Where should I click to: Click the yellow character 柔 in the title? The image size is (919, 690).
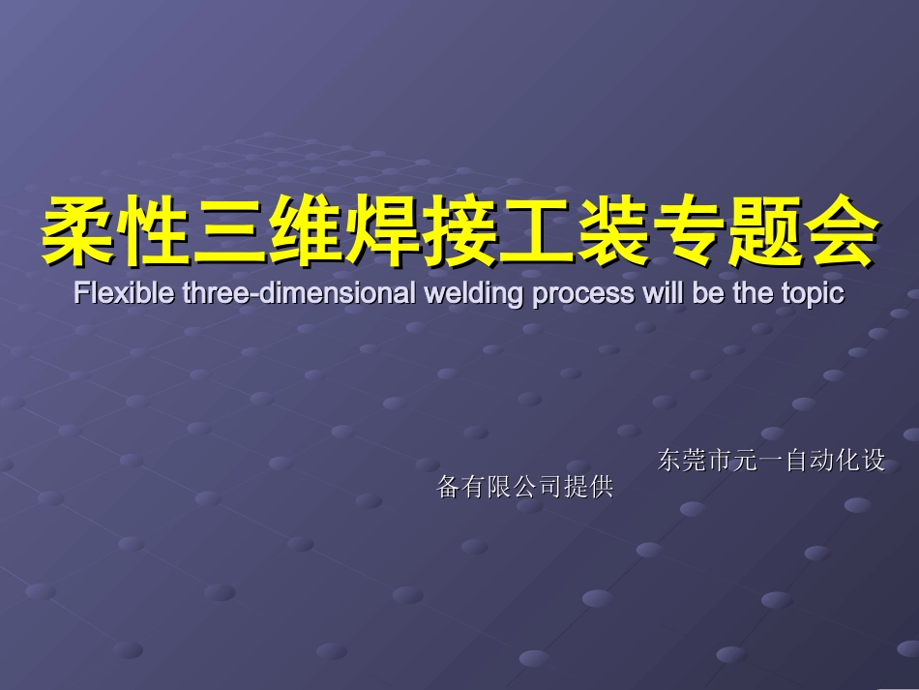pyautogui.click(x=76, y=233)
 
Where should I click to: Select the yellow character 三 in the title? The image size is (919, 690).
pyautogui.click(x=228, y=233)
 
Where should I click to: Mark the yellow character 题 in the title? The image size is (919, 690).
pyautogui.click(x=764, y=233)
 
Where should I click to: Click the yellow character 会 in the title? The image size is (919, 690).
pyautogui.click(x=840, y=233)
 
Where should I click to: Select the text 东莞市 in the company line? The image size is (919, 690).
pyautogui.click(x=695, y=461)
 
